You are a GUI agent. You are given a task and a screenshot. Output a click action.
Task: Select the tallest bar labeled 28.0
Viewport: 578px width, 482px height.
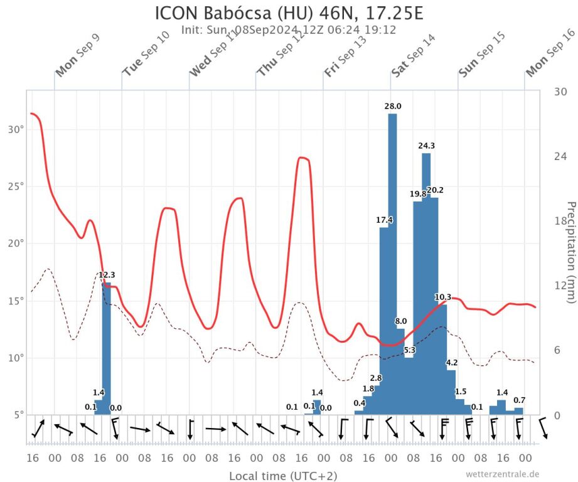click(392, 264)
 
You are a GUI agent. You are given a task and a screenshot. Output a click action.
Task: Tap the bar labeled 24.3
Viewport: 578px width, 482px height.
click(426, 282)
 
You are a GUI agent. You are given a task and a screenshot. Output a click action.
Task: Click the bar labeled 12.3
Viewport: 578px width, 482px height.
click(106, 348)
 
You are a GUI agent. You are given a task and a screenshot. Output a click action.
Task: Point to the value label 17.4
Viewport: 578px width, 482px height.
click(384, 220)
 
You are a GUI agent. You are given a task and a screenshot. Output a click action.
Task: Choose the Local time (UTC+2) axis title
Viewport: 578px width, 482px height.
click(277, 476)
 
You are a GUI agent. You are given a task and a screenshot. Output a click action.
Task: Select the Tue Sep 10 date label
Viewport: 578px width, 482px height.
click(146, 55)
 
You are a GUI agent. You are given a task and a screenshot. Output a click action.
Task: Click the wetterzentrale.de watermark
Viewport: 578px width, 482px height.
click(502, 474)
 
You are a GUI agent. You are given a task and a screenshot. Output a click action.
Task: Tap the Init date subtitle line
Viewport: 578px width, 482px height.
click(288, 29)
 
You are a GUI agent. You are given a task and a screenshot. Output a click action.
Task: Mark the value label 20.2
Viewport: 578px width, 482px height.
click(435, 190)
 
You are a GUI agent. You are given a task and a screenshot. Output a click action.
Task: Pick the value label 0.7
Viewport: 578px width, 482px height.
click(519, 400)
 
